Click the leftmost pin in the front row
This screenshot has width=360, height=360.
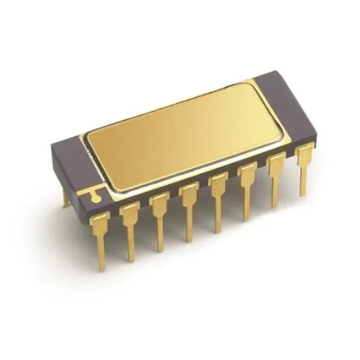(x=100, y=236)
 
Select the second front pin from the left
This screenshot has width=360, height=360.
(x=130, y=226)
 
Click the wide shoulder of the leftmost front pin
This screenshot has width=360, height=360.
(x=100, y=222)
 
